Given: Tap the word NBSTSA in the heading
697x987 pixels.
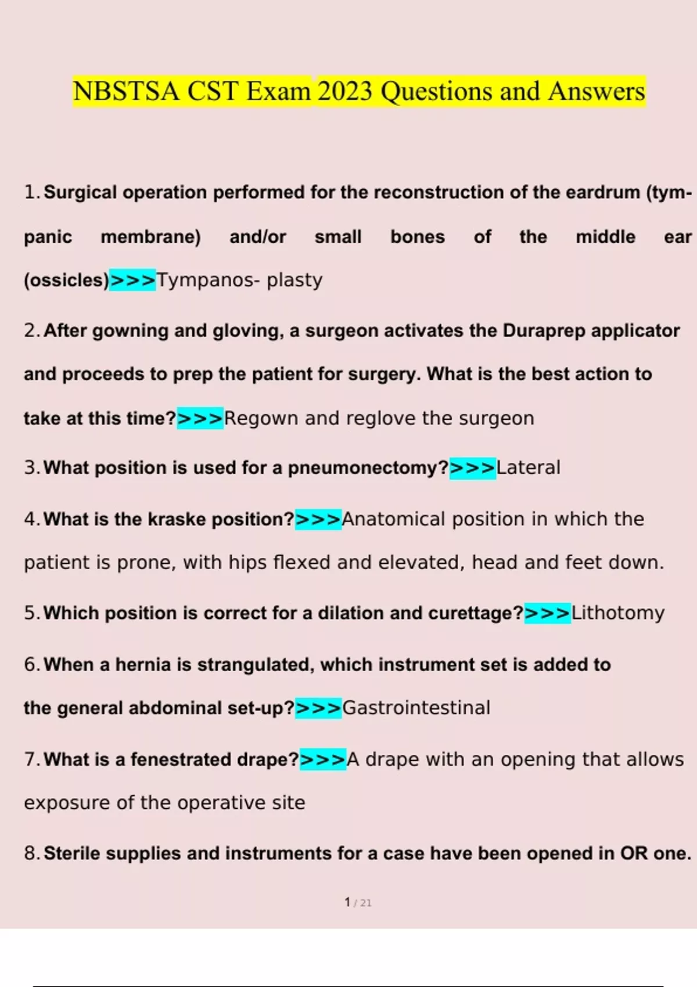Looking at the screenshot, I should point(127,92).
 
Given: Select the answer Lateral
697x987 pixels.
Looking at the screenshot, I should point(529,468).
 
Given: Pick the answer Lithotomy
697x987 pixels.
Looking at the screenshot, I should point(618,613).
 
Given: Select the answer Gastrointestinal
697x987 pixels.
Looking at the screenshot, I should point(416,708).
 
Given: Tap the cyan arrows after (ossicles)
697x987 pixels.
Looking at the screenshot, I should point(133,280).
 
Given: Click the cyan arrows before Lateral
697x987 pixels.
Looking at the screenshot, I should point(473,468).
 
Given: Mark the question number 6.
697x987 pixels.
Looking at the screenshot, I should point(31,665).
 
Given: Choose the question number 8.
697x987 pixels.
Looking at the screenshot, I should point(31,853).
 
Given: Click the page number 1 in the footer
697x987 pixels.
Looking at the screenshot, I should point(347,902).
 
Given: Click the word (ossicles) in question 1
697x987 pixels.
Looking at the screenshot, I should point(66,280).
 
